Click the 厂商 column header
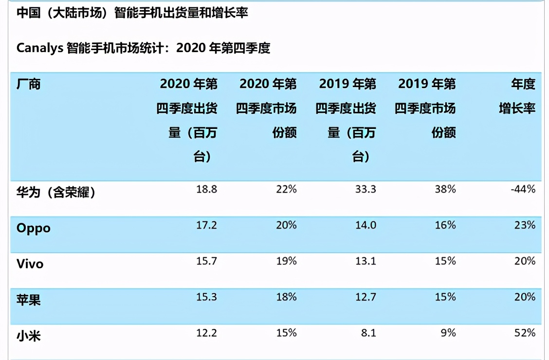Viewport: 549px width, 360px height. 29,84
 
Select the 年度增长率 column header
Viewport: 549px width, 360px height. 517,96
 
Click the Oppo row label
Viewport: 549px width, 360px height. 34,228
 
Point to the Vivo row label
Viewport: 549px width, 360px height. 30,264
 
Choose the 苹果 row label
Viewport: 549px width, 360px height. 29,300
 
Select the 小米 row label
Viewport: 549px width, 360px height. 29,336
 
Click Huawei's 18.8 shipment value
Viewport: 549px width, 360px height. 206,189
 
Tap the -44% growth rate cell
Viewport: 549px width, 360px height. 523,189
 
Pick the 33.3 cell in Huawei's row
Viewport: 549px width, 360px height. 366,189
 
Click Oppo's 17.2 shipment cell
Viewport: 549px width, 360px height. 206,225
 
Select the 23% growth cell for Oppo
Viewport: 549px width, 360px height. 525,225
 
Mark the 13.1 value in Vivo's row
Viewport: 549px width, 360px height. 366,261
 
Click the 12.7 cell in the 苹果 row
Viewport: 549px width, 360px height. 366,297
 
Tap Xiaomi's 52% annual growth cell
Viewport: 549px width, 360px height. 525,333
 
